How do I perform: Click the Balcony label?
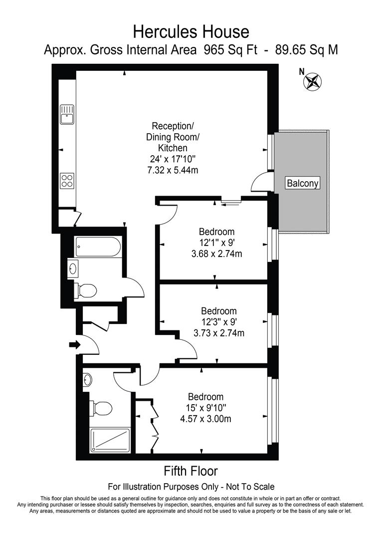pos(302,183)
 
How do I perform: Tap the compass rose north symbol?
pos(313,82)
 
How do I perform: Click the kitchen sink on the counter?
pos(66,114)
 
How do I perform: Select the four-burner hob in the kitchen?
pos(67,180)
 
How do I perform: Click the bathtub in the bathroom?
pos(97,246)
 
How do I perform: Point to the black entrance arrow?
pos(74,344)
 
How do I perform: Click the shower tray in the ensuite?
pos(109,440)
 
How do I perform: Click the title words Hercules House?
pos(190,32)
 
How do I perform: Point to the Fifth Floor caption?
pos(190,471)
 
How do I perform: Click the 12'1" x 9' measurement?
pos(216,243)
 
